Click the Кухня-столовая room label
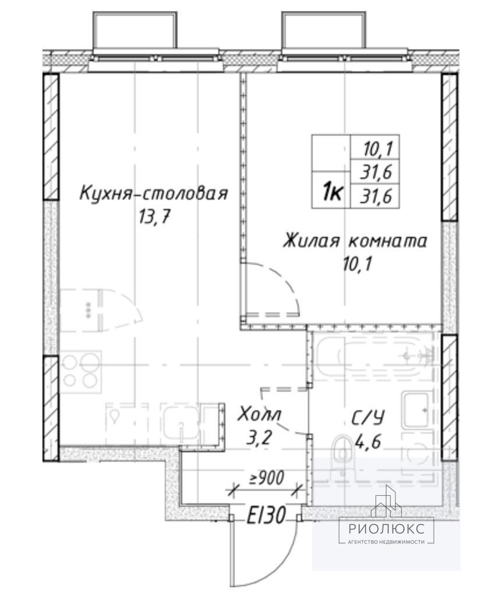coord(154,193)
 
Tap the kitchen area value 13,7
coord(154,218)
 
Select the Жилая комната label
coord(355,241)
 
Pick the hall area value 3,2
coord(259,438)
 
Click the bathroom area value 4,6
coord(368,442)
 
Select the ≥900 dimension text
coord(266,478)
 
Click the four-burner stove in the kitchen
coord(80,372)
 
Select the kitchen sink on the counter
coord(182,423)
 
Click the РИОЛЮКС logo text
coord(386,528)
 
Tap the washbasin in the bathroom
coord(417,410)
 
